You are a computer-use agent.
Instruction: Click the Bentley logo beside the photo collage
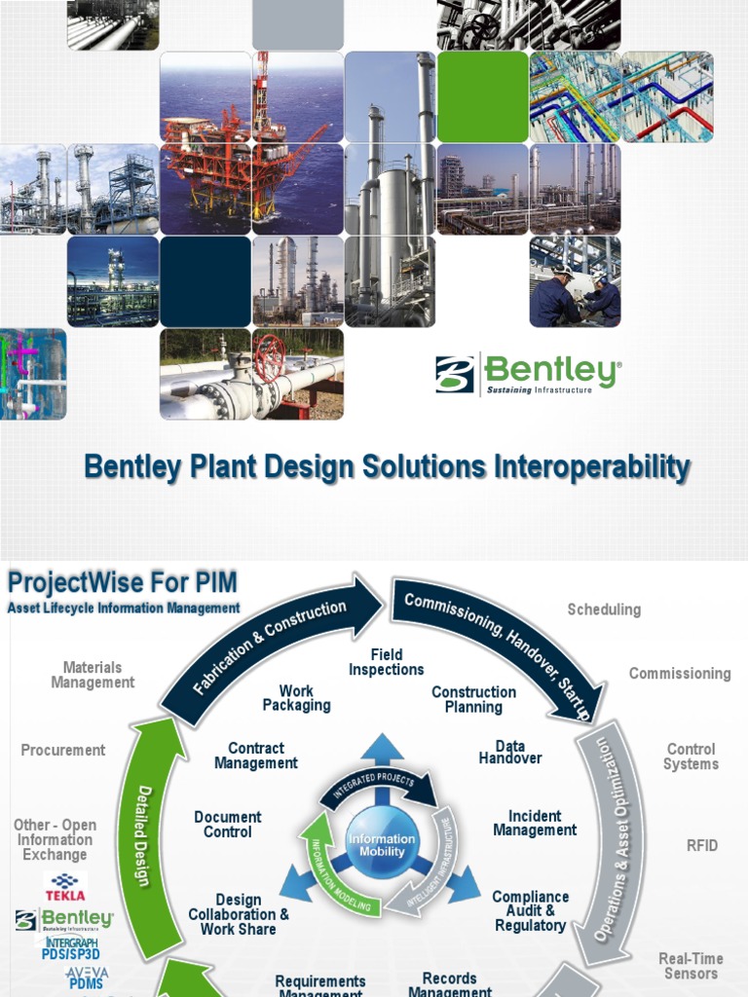[x=527, y=374]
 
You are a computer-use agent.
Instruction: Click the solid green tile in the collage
[x=482, y=96]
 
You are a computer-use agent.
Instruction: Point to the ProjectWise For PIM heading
[x=122, y=583]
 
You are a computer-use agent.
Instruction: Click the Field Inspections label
[x=387, y=662]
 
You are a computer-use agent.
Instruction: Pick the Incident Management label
[x=535, y=823]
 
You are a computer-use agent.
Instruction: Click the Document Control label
[x=227, y=824]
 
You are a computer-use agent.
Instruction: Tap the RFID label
[x=701, y=845]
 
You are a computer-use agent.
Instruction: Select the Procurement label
[x=63, y=750]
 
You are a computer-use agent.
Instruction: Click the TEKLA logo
[x=65, y=888]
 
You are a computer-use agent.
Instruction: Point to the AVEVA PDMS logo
[x=86, y=978]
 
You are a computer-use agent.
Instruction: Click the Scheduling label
[x=604, y=609]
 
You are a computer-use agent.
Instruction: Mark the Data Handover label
[x=510, y=752]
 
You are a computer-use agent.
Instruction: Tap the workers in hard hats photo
[x=575, y=282]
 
